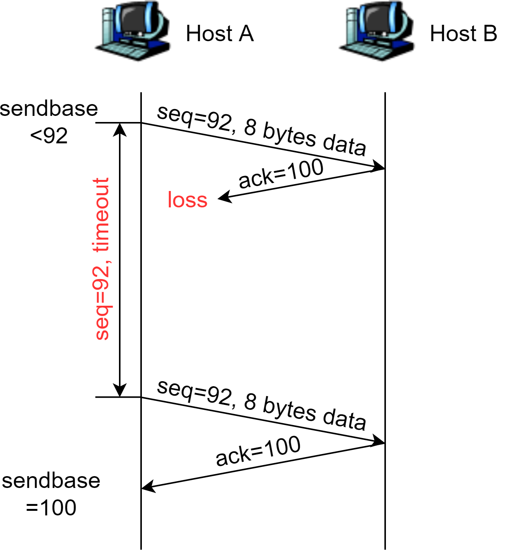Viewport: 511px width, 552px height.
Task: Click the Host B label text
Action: coord(463,34)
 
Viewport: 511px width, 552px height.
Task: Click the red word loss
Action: coord(187,200)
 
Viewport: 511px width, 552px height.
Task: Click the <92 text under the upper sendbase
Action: coord(49,136)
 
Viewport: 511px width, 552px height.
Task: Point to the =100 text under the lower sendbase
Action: coord(51,508)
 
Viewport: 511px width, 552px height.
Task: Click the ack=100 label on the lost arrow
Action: coord(281,173)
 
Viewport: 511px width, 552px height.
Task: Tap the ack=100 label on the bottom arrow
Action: coord(258,451)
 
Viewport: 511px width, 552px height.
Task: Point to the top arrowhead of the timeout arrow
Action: coord(120,129)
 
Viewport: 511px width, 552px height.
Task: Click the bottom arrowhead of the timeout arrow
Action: coord(120,390)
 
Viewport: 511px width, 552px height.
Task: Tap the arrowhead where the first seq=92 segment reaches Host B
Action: coord(379,167)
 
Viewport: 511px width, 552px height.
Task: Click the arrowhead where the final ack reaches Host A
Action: coord(148,487)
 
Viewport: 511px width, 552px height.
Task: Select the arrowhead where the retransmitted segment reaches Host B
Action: coord(379,441)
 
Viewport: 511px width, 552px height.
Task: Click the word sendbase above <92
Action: coord(49,109)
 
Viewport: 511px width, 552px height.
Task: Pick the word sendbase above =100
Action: coord(51,481)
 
